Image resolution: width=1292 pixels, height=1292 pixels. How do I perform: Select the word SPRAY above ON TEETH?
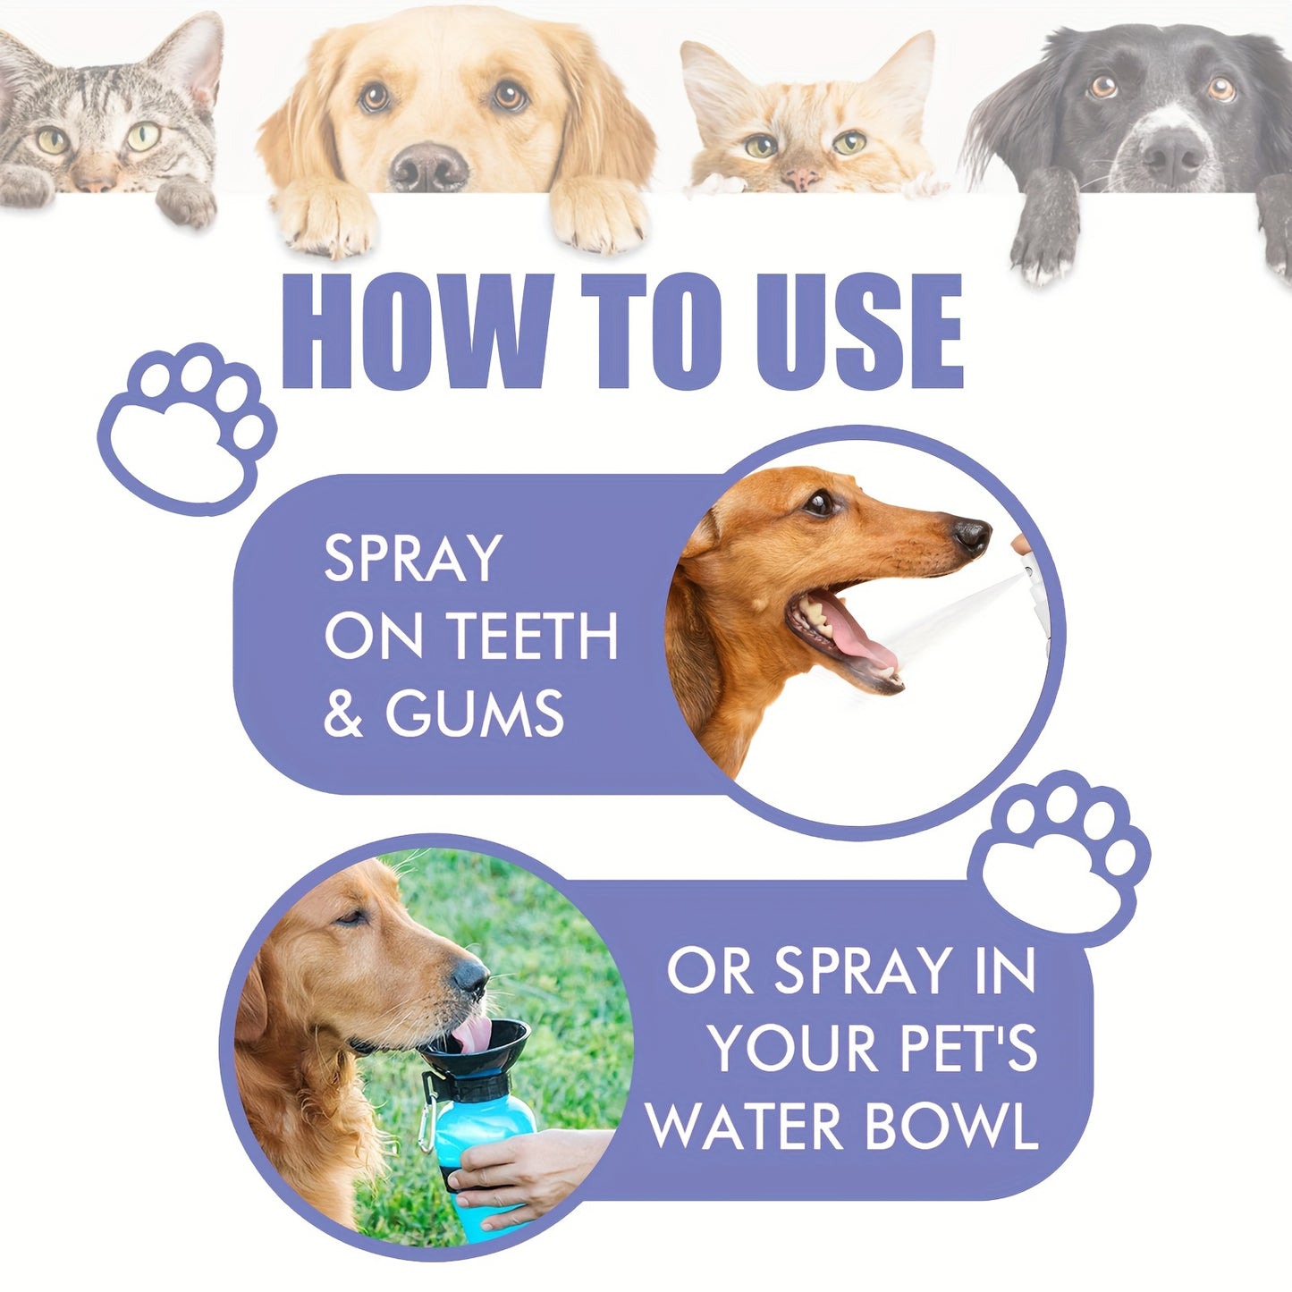point(412,559)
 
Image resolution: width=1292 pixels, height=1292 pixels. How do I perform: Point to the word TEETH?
point(532,637)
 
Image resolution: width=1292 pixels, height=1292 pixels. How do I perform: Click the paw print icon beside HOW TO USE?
point(188,427)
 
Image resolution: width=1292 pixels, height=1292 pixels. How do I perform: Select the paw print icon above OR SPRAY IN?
point(1060,855)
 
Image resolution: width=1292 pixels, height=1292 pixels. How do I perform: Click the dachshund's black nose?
point(972,536)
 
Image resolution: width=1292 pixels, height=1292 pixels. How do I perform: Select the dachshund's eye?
point(819,503)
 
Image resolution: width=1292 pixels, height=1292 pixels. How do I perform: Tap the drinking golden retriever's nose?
point(471,978)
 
